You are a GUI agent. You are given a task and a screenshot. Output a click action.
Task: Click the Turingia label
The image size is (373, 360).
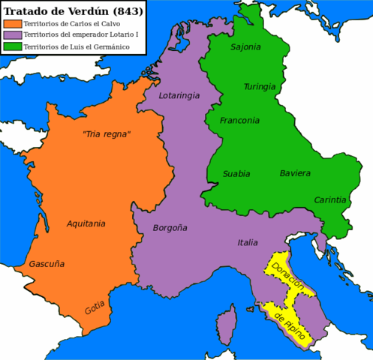[260, 86]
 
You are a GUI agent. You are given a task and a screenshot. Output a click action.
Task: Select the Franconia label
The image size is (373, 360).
[239, 120]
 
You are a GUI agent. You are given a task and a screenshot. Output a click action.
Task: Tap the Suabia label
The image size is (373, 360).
[236, 174]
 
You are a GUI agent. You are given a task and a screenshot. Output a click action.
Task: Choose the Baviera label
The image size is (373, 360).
[295, 173]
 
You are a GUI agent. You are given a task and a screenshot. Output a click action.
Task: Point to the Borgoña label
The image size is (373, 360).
[170, 227]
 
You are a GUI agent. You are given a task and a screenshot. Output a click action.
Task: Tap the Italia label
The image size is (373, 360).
[248, 241]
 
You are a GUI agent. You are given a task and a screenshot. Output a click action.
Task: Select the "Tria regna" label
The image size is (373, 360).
[106, 134]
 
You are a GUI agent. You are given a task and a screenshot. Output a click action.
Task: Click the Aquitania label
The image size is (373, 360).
[86, 223]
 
